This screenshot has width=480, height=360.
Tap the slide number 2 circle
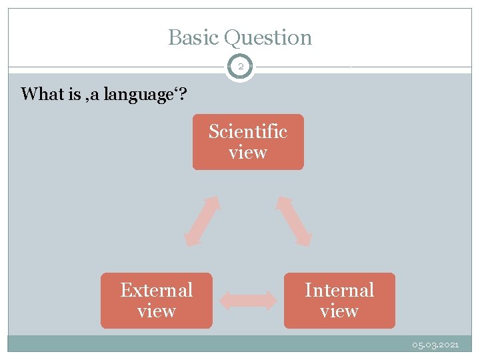[x=240, y=67]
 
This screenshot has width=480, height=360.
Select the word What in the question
[x=41, y=94]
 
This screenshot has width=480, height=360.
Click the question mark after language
[x=183, y=94]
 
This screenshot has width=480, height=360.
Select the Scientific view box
[x=247, y=142]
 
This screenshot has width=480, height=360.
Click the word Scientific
[x=247, y=132]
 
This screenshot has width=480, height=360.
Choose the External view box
[x=156, y=301]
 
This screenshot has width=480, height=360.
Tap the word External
[x=156, y=291]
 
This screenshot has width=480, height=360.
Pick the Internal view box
[x=339, y=301]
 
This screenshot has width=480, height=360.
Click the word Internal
[x=339, y=291]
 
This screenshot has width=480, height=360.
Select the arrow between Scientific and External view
[x=202, y=221]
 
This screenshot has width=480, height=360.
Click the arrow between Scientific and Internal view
[x=294, y=221]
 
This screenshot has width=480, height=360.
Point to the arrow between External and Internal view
[x=248, y=301]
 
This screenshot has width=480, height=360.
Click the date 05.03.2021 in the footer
[x=435, y=345]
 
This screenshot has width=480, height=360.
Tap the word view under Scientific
[x=247, y=153]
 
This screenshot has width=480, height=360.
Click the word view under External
[x=156, y=311]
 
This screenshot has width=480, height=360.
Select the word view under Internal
[x=339, y=311]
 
